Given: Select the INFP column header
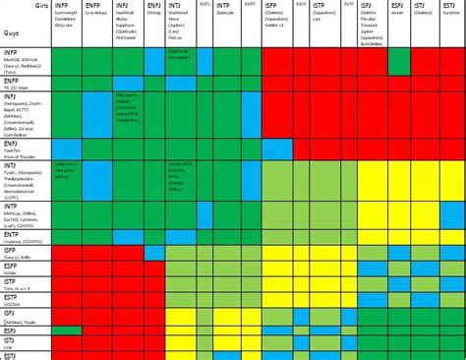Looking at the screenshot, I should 63,5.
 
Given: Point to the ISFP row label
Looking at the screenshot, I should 12,251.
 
